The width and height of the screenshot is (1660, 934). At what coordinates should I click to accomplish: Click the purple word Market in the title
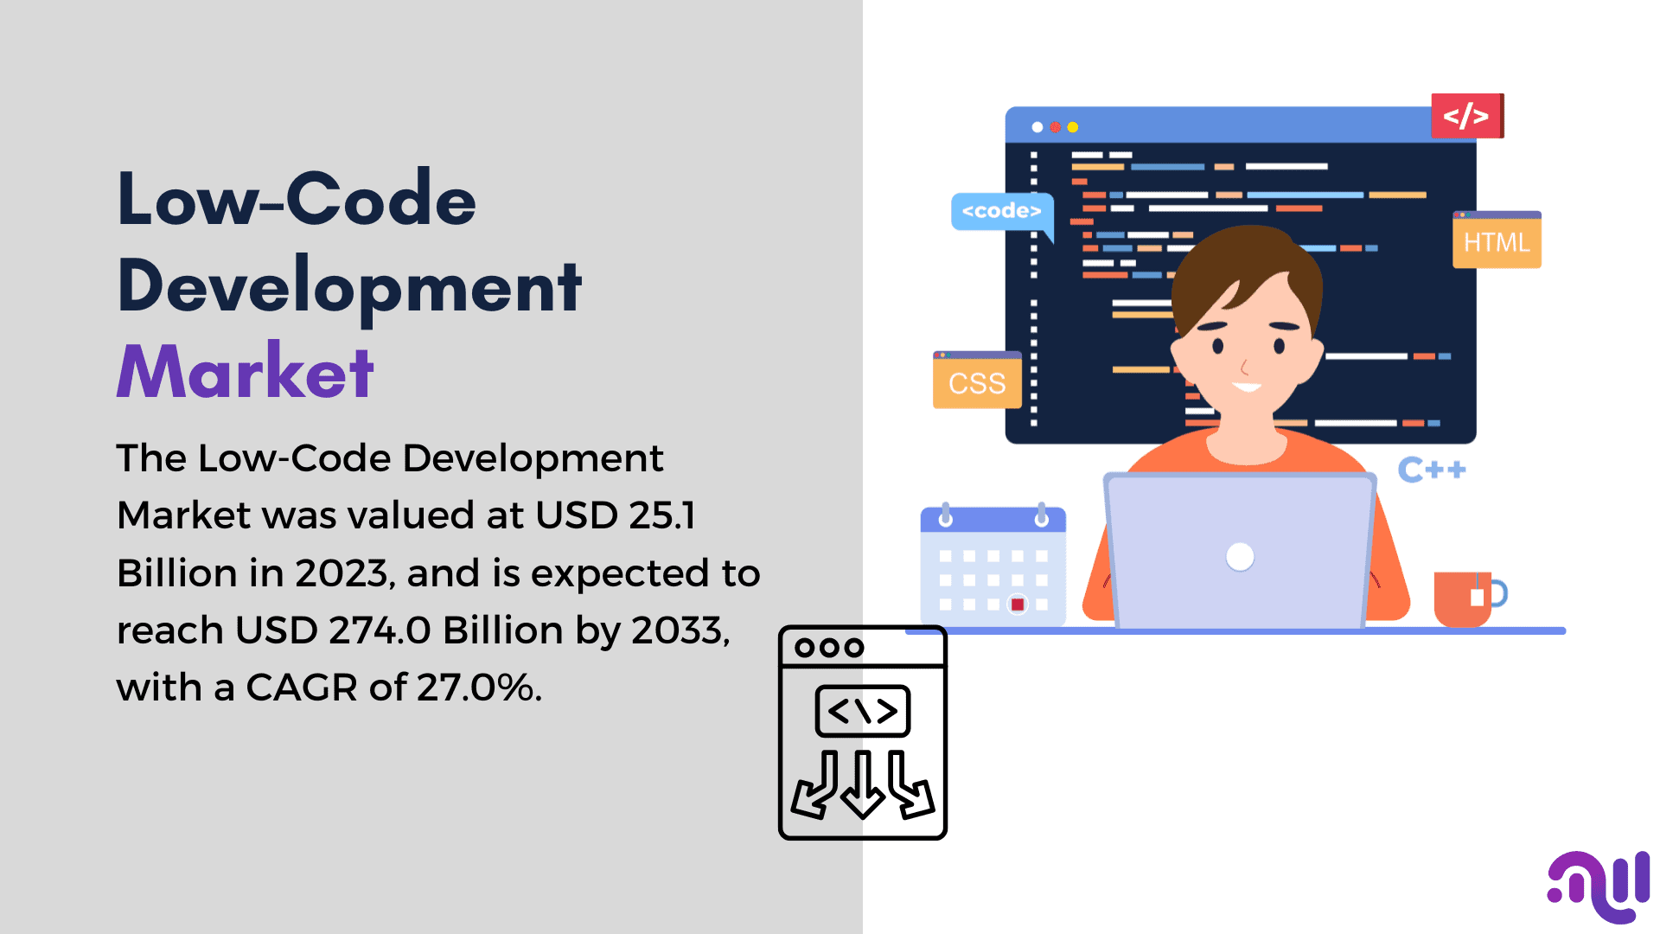(245, 371)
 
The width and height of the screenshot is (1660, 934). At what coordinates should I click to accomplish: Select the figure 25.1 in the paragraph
(662, 515)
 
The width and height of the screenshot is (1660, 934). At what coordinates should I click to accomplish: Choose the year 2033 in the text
(680, 630)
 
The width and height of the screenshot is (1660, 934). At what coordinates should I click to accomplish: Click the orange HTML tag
(1497, 240)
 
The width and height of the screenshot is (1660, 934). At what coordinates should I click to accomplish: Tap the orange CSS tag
(977, 381)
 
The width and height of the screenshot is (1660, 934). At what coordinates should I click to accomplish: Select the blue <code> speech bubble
(1002, 213)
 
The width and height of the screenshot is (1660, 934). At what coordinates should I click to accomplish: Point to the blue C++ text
(1432, 470)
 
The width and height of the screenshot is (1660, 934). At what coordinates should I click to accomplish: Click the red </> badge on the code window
(1467, 115)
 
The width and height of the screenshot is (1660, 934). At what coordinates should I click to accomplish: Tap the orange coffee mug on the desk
(1465, 598)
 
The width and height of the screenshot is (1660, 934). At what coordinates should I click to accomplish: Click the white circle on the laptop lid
(1240, 557)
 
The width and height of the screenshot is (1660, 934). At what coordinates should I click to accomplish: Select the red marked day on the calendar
(1018, 605)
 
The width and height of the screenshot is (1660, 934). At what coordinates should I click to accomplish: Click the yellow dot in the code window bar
(1073, 127)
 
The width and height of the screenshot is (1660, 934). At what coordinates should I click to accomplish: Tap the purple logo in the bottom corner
(1599, 887)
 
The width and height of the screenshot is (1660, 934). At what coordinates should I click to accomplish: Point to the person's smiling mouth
(1247, 387)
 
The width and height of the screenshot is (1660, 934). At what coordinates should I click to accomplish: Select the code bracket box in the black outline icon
(863, 711)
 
